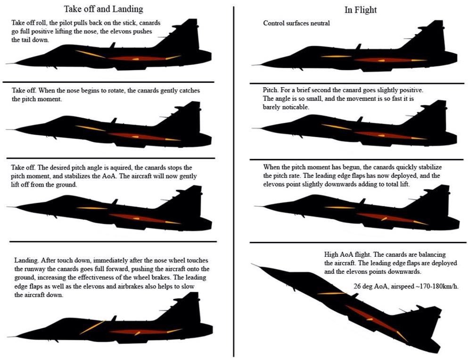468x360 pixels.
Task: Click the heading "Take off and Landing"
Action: (x=103, y=9)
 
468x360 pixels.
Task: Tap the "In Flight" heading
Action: (x=360, y=10)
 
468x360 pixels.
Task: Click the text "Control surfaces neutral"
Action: (x=296, y=23)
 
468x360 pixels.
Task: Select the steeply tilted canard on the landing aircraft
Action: (x=92, y=327)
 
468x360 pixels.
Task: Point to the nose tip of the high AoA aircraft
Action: (x=252, y=264)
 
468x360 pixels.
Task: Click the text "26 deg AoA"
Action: (x=371, y=286)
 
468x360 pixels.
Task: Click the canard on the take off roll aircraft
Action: (x=90, y=54)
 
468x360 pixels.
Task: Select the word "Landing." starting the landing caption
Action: (x=26, y=260)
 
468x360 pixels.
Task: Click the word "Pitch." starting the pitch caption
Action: (x=271, y=90)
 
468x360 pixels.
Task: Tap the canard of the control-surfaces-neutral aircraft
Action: (x=337, y=57)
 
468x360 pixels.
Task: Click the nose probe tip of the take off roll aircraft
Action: (x=7, y=64)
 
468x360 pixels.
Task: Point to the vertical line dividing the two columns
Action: (x=233, y=181)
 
